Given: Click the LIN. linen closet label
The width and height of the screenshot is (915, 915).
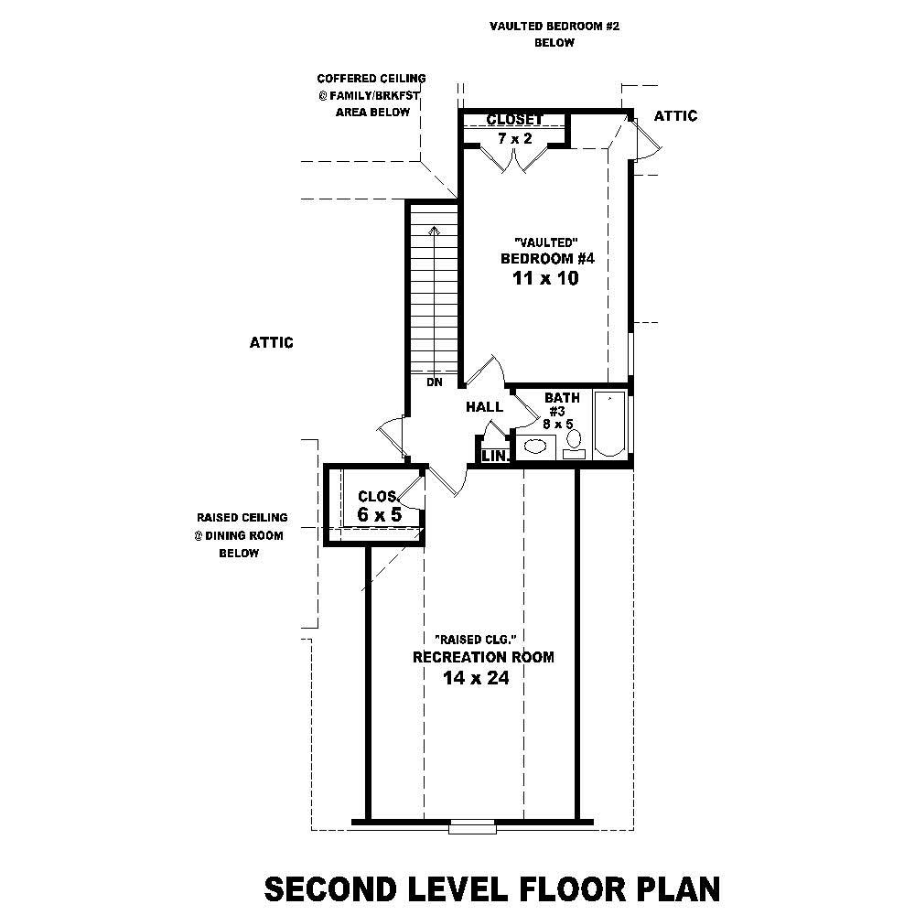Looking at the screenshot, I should pyautogui.click(x=494, y=455).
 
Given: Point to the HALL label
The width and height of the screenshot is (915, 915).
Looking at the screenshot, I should pyautogui.click(x=484, y=406).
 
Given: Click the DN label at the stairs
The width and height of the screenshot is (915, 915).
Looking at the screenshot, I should pyautogui.click(x=434, y=382).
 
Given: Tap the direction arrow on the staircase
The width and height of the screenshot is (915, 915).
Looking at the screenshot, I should pyautogui.click(x=434, y=231).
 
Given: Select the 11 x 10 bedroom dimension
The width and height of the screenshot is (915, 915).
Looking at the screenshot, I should pyautogui.click(x=547, y=279).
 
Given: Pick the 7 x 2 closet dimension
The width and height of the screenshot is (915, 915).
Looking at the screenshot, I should pyautogui.click(x=515, y=138).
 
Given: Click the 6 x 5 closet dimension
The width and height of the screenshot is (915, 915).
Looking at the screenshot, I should pyautogui.click(x=379, y=515).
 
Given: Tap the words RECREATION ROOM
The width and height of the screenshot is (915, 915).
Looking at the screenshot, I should pyautogui.click(x=483, y=657).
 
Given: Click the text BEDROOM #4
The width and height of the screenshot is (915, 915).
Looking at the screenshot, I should pyautogui.click(x=547, y=258).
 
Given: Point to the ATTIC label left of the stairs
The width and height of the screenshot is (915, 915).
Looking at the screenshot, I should pyautogui.click(x=271, y=342).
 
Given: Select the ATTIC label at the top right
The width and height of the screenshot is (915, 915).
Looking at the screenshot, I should pyautogui.click(x=675, y=115).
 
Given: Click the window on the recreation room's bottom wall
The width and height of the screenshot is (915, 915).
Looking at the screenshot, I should pyautogui.click(x=472, y=829).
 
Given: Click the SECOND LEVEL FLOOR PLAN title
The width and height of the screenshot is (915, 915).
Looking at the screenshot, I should pyautogui.click(x=491, y=888).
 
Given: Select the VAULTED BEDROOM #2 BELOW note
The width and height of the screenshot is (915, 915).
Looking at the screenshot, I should pyautogui.click(x=554, y=35).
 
